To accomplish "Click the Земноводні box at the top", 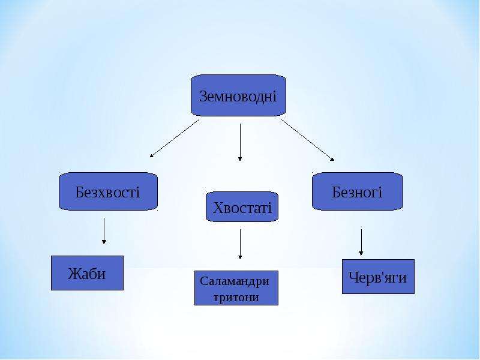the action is pos(238,95).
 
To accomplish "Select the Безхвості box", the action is pos(108,191).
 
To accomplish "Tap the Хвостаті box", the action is pos(242,206).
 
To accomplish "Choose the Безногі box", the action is pos(358,191).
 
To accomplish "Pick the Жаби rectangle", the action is pos(87,273).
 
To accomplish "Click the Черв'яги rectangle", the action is pos(379,277).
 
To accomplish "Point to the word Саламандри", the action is pos(235,281).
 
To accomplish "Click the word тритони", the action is pos(236,297).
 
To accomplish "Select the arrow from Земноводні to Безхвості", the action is pos(175,139).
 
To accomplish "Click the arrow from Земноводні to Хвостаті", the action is pos(240,142).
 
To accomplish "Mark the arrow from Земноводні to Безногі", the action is pos(308,140).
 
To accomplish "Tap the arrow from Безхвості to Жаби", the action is pos(104,231).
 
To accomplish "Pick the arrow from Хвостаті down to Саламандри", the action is pos(240,244).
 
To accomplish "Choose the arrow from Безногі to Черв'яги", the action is pos(361,242).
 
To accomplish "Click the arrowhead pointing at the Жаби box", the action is pos(104,242).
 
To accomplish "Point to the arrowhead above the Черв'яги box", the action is pos(361,253).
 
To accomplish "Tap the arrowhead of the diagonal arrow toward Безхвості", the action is pos(151,156).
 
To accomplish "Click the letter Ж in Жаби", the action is pos(74,274).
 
